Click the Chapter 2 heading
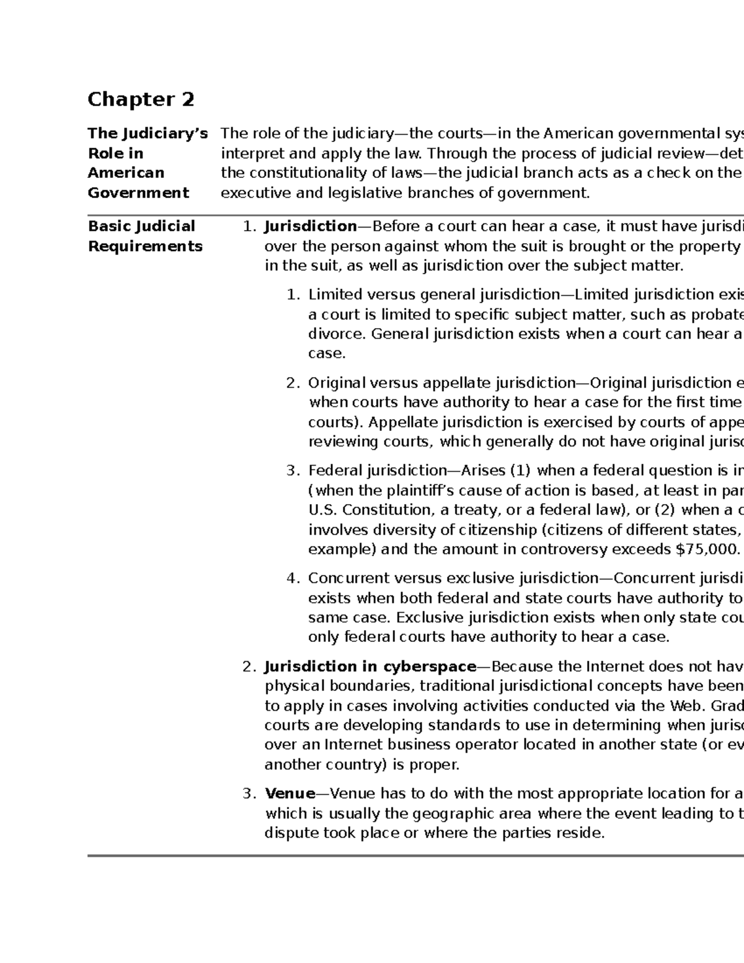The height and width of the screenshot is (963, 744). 141,99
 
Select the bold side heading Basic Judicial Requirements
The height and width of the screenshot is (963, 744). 144,236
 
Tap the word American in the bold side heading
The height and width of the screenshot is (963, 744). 126,172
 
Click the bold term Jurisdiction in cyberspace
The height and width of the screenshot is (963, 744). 370,667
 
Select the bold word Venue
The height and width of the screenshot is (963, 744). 290,794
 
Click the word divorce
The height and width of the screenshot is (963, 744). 337,334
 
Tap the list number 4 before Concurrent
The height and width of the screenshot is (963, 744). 293,579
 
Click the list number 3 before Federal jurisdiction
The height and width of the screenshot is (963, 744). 293,471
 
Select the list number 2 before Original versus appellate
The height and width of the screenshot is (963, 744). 293,383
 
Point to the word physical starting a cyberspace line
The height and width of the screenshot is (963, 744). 294,686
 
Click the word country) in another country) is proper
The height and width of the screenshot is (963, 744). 356,765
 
